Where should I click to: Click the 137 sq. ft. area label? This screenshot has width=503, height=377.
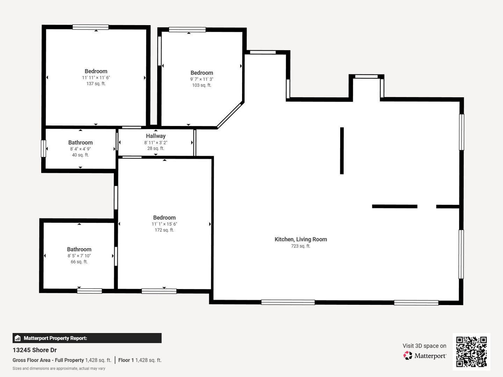(x=96, y=84)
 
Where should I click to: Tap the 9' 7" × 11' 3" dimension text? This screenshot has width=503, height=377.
(x=202, y=79)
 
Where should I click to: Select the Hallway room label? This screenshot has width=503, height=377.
(x=156, y=136)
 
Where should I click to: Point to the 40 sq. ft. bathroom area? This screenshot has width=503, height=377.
(x=80, y=155)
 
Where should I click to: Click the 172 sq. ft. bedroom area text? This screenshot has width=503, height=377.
(x=164, y=230)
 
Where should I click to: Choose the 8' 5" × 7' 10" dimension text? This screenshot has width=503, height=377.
(x=79, y=256)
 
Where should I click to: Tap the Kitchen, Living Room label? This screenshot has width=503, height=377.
(x=301, y=239)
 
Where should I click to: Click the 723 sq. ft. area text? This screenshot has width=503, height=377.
(x=301, y=246)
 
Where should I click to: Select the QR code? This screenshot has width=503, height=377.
(x=471, y=352)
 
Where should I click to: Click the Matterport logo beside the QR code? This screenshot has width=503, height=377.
(x=425, y=355)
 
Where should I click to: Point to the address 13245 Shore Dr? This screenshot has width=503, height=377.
(x=35, y=350)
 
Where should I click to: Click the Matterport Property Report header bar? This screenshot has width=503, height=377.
(x=87, y=338)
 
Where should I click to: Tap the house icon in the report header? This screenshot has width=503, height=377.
(x=18, y=338)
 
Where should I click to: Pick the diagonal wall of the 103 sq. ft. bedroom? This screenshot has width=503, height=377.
(x=230, y=115)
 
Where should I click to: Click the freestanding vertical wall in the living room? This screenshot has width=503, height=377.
(x=342, y=150)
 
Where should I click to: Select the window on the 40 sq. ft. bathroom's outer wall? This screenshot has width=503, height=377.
(x=43, y=149)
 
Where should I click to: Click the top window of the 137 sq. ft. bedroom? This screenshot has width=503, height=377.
(x=90, y=27)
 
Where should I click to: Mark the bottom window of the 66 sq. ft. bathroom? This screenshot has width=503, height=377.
(x=90, y=291)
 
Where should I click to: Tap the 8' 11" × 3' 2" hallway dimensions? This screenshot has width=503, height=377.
(x=156, y=143)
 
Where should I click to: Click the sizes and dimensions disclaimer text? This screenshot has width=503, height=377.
(x=59, y=369)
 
